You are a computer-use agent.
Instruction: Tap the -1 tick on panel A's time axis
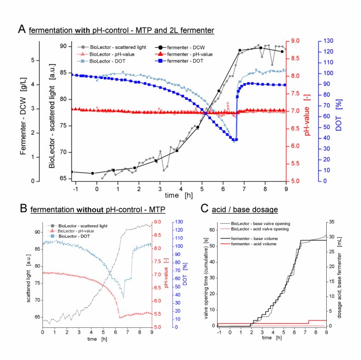pyautogui.click(x=76, y=187)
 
